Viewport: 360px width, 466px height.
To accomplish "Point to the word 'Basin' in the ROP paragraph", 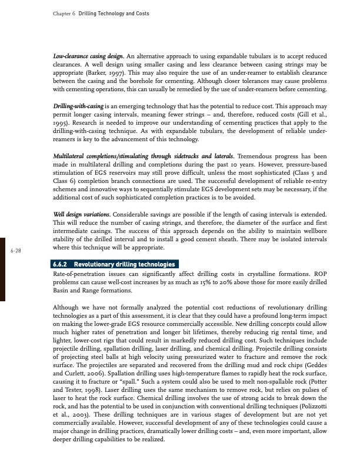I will [61, 292].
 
